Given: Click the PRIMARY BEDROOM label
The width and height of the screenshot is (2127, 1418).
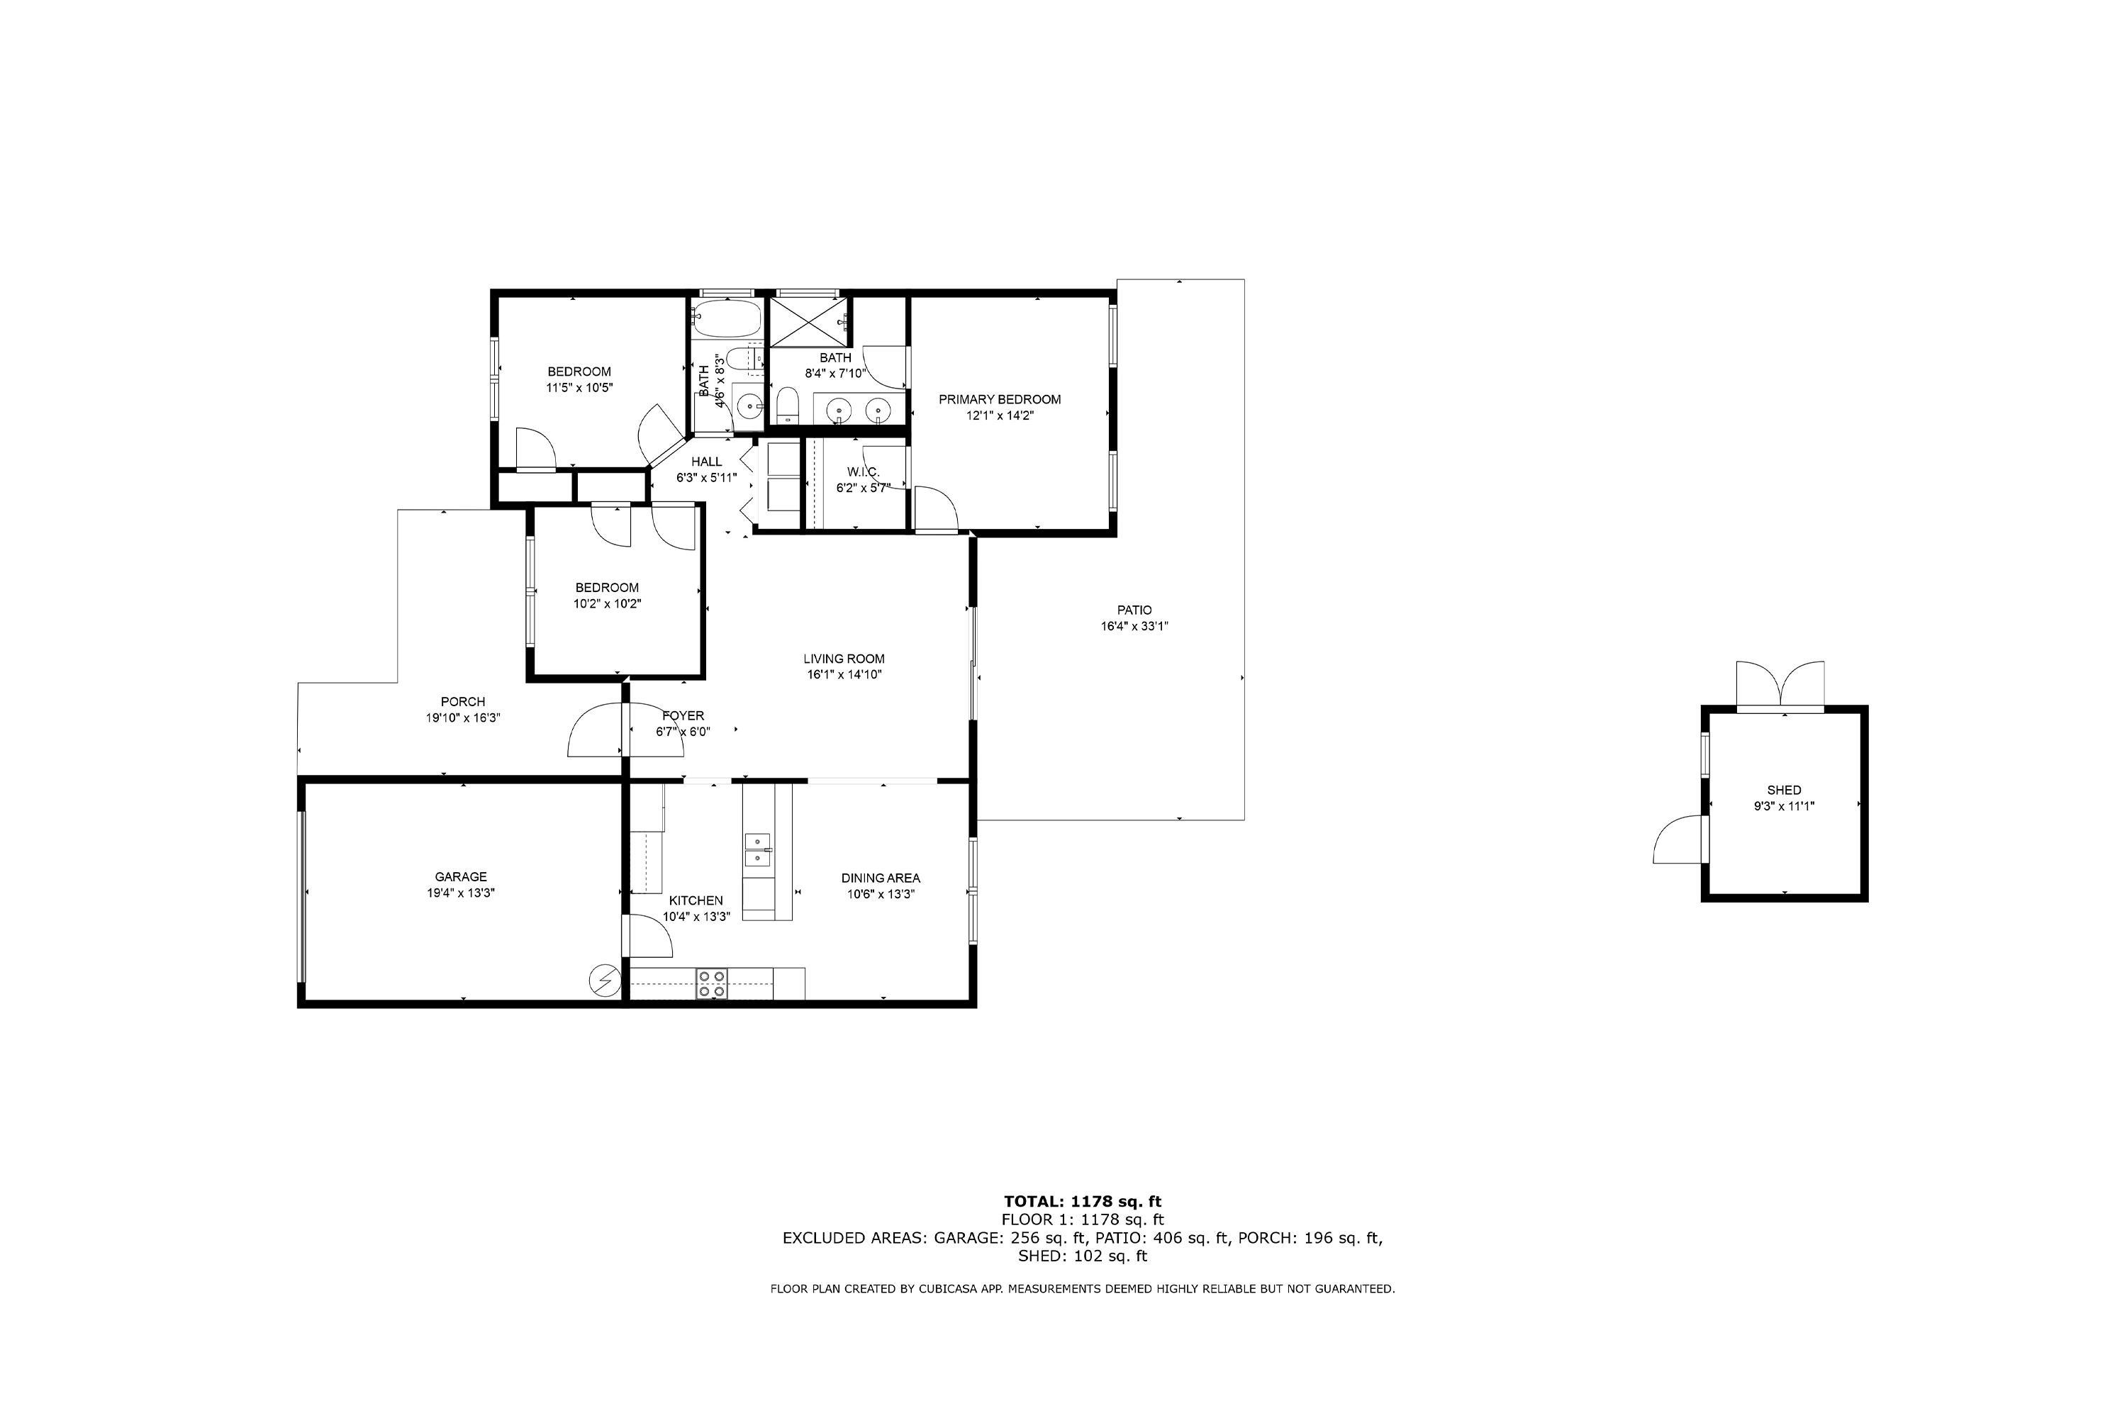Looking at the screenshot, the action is pos(999,400).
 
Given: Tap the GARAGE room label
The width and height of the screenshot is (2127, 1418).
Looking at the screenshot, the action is pos(462,877).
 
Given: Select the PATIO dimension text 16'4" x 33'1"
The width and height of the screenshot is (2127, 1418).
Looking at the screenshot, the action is pos(1134,626).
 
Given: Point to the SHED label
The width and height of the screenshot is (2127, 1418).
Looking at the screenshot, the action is pos(1785,791).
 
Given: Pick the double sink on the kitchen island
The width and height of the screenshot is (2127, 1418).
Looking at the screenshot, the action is pos(758,850).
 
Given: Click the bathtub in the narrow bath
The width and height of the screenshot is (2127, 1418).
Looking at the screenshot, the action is pos(727,318).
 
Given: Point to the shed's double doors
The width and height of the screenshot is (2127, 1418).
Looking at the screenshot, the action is pos(1780,686).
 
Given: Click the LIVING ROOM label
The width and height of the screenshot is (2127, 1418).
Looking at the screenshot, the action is pos(844,659).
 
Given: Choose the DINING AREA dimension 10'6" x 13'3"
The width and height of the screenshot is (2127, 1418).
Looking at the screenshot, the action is pos(881,894).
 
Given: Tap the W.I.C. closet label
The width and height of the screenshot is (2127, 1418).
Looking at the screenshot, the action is pos(864,472).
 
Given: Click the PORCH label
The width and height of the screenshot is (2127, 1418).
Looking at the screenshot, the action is pos(463,702).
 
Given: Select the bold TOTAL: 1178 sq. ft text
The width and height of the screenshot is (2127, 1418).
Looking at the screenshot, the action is pos(1083,1202).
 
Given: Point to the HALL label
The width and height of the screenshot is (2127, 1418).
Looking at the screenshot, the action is pos(706,462).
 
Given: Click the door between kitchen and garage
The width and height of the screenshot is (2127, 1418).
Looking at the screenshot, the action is pos(647,936).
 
